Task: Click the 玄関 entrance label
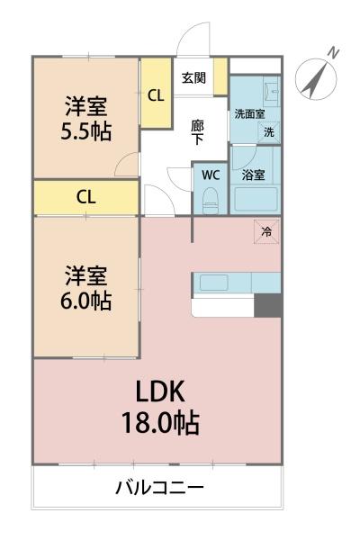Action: pos(193,78)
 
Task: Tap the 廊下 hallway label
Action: pos(197,132)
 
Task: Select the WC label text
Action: pos(211,175)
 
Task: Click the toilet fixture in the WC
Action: pos(211,201)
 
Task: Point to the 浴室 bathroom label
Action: pos(253,175)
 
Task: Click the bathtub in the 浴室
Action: pos(256,199)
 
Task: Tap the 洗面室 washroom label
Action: pos(249,114)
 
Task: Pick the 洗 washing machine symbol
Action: pos(269,132)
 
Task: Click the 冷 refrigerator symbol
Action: pos(266,231)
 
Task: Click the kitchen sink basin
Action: pos(214,283)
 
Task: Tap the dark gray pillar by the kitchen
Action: pos(268,305)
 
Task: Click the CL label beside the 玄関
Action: pos(156,95)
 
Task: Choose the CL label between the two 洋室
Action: pos(85,197)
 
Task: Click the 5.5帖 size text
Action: pos(86,131)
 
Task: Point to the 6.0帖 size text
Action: pos(86,301)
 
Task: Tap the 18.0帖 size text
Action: pos(160,423)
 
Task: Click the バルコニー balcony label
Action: pos(159,488)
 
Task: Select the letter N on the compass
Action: pos(333,53)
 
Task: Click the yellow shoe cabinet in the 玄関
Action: pos(220,76)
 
